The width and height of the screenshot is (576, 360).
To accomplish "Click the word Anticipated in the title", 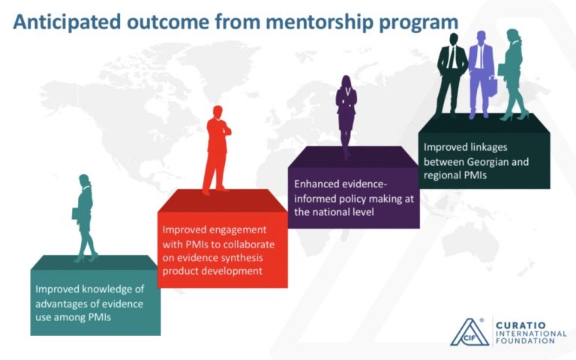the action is (67, 22).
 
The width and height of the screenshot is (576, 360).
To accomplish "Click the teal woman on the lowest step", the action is (85, 218).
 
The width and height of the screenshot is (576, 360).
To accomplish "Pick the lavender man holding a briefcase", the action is (482, 74).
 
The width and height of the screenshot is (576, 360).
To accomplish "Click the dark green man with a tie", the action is (451, 74).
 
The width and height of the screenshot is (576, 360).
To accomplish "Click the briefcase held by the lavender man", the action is (493, 85).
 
